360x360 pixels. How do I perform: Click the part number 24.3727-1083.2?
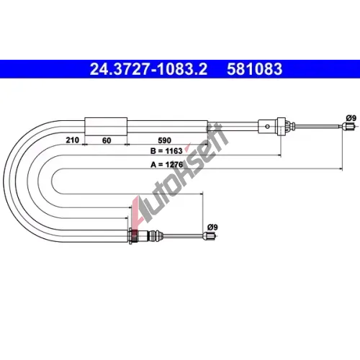point(148,69)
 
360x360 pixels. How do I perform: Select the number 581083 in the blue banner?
point(255,69)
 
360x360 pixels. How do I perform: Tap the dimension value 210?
point(73,140)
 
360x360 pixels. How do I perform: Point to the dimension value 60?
point(107,140)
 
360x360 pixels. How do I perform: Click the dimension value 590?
point(165,140)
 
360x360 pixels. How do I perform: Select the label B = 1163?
point(166,151)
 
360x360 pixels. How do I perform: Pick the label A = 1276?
point(166,165)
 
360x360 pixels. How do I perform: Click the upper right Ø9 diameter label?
point(351,118)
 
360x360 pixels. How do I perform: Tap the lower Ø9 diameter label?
point(212,227)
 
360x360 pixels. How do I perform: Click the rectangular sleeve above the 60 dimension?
point(106,127)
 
